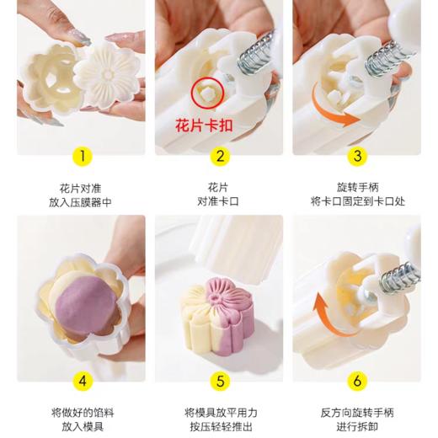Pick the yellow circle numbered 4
coord(81,380)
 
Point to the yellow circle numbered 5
coord(219,380)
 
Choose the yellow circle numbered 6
coord(356,380)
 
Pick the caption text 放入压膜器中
coord(81,202)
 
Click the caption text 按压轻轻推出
coord(219,427)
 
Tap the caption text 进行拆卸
coord(356,427)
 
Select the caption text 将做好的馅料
coord(81,412)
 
